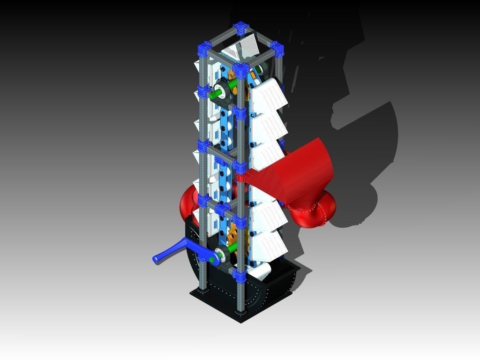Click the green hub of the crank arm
coord(213,258)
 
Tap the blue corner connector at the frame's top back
coord(242,28)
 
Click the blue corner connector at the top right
coord(277,49)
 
